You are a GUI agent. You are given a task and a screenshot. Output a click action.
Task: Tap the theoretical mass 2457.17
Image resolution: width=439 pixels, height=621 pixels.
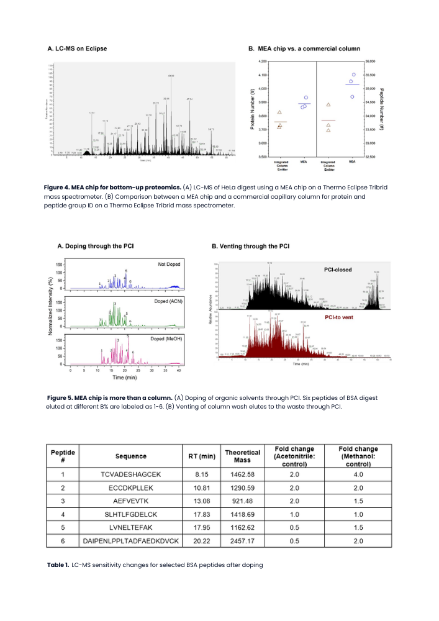click(x=242, y=541)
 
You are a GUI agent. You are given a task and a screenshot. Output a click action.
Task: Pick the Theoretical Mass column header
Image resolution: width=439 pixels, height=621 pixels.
click(x=242, y=456)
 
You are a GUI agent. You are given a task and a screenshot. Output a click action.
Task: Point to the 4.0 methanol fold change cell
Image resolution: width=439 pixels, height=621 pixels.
click(x=358, y=475)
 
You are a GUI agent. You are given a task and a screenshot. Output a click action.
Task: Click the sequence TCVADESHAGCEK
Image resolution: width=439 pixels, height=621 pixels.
click(x=130, y=475)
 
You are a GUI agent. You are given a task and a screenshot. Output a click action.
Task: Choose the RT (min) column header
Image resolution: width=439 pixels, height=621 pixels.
click(x=202, y=456)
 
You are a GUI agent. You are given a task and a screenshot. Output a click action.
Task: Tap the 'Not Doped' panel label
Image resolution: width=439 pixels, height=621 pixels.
click(x=168, y=265)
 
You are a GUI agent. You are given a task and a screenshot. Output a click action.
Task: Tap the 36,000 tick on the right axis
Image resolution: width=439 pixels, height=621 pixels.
click(x=370, y=61)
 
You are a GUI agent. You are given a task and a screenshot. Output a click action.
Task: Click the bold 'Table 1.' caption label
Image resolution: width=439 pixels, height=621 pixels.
click(x=58, y=565)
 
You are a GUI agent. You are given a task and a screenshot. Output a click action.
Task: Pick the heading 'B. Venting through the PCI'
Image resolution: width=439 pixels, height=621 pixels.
click(x=250, y=246)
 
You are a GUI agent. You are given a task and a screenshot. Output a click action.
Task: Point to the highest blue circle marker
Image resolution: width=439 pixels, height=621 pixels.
click(x=354, y=75)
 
